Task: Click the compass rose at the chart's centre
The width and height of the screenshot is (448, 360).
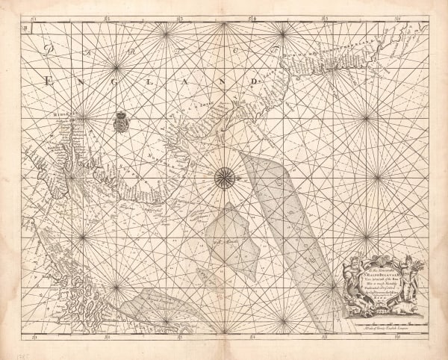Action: (x=224, y=177)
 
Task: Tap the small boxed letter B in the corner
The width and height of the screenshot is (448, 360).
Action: (x=26, y=28)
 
